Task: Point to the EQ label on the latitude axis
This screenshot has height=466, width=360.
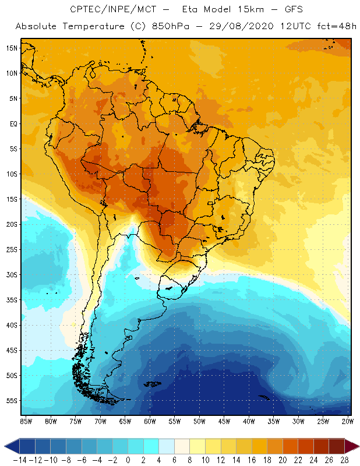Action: pyautogui.click(x=12, y=123)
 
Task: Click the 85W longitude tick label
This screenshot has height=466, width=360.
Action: pyautogui.click(x=26, y=421)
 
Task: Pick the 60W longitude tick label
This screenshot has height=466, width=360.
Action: pyautogui.click(x=150, y=421)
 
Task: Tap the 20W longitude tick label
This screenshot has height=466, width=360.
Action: pyautogui.click(x=348, y=421)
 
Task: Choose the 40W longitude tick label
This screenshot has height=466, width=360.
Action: pyautogui.click(x=249, y=421)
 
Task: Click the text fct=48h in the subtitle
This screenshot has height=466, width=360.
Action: pyautogui.click(x=333, y=26)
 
